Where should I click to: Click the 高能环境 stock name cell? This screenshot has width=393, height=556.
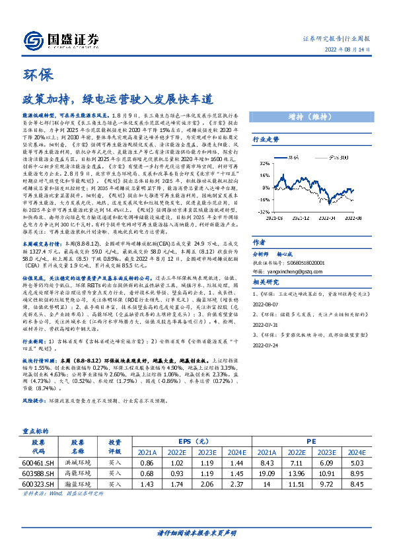coord(78,474)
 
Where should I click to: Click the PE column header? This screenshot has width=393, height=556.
coord(310,441)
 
